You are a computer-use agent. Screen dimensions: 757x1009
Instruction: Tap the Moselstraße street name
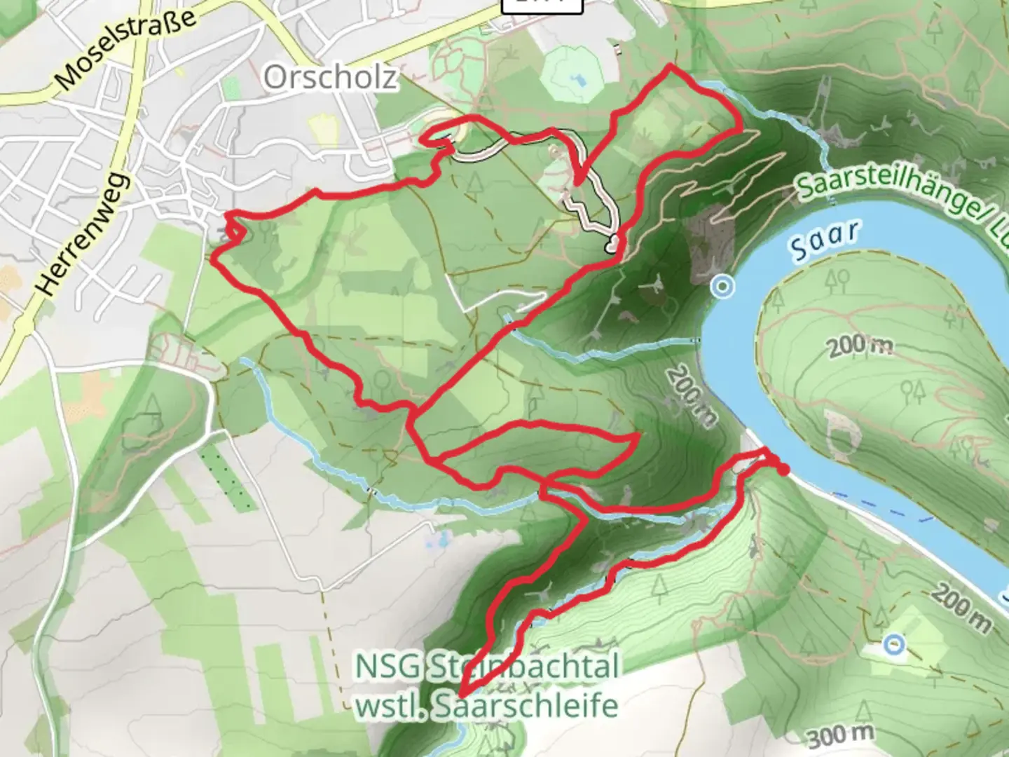click(x=126, y=49)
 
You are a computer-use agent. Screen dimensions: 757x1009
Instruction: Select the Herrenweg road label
click(x=83, y=234)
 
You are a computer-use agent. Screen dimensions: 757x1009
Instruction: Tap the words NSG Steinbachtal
click(x=487, y=666)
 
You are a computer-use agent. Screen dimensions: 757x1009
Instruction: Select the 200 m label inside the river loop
click(x=860, y=346)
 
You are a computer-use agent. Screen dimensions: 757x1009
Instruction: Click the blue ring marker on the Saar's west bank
click(x=722, y=286)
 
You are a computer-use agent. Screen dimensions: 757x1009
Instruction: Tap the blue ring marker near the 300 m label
click(x=893, y=644)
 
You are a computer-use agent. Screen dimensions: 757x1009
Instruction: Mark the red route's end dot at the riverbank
click(x=783, y=470)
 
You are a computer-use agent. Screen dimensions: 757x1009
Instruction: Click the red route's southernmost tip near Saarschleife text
click(x=460, y=695)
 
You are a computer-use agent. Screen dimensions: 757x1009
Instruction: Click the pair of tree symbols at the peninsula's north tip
click(x=838, y=280)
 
